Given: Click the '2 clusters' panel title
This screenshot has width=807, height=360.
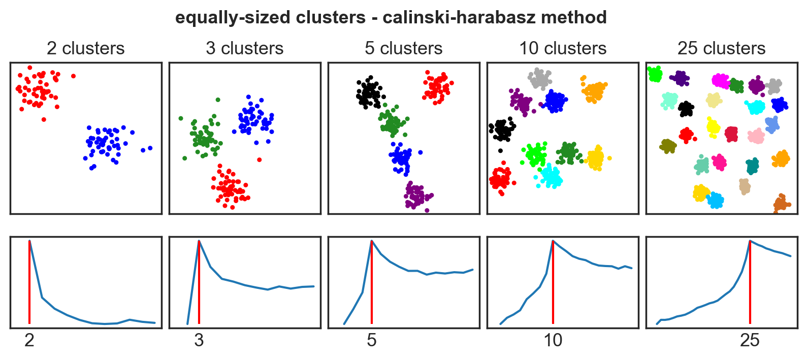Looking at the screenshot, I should click(x=85, y=48).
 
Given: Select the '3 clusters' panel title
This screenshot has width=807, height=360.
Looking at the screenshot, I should click(x=244, y=48).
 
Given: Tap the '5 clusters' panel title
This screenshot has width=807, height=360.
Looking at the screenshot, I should click(x=403, y=48).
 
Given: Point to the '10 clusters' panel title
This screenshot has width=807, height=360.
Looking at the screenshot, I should click(x=562, y=48).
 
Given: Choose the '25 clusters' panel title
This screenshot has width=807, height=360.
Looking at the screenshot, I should click(x=721, y=48).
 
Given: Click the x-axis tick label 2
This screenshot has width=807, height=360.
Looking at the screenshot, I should click(x=29, y=340).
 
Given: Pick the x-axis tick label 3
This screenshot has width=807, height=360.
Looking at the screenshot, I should click(x=199, y=340).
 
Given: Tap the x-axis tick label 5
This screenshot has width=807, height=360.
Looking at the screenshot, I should click(x=372, y=340).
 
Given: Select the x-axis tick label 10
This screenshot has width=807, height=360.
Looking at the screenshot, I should click(x=553, y=340).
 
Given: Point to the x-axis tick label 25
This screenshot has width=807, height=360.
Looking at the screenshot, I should click(x=750, y=340).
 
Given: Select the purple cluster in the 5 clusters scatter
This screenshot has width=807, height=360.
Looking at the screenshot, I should click(x=417, y=196).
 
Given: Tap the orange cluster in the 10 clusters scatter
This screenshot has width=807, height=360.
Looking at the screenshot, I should click(x=593, y=92).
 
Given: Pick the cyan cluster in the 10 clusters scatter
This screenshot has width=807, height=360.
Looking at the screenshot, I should click(x=551, y=177).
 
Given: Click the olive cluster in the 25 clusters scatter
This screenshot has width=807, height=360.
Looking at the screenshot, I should click(x=668, y=146).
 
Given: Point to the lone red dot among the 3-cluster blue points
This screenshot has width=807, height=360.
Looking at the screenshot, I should click(x=259, y=159).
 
